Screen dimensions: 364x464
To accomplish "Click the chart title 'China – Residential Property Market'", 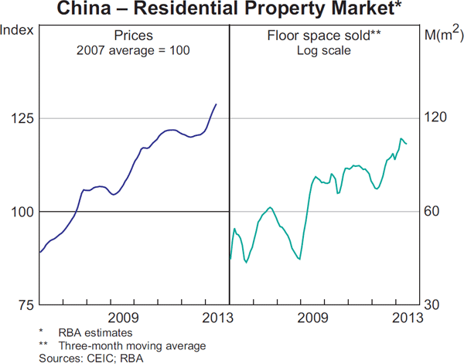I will tap(232, 10).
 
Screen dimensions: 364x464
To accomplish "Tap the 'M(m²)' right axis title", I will tap(443, 33).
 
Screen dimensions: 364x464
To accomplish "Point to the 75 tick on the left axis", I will tap(25, 305).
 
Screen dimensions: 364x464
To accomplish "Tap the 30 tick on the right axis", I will tap(435, 305).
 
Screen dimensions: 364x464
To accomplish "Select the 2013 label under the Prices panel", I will tap(218, 318).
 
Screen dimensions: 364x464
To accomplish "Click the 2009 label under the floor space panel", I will tap(313, 318).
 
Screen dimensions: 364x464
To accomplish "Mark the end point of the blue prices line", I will tap(216, 104).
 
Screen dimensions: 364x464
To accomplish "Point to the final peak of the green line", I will tap(401, 139).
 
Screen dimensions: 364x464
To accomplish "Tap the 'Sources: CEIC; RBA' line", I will tap(91, 358).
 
